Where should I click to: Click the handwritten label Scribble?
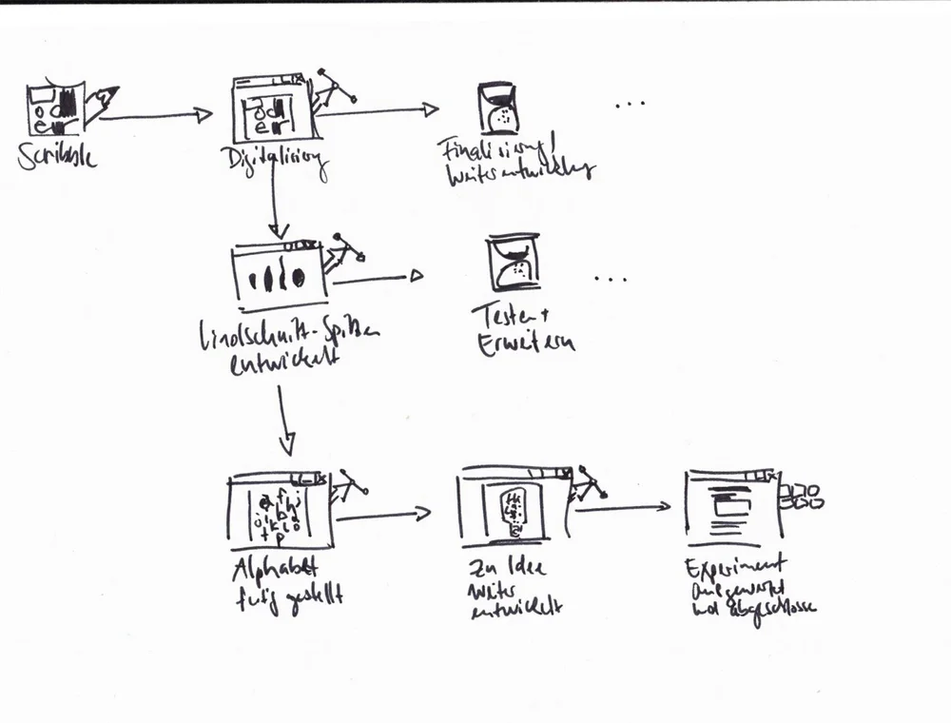[56, 157]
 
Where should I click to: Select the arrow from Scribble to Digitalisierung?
[154, 116]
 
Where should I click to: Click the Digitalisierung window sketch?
[269, 109]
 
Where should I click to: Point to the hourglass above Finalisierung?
[498, 106]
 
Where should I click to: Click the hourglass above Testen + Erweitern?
[513, 262]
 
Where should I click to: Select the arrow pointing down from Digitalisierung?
[274, 205]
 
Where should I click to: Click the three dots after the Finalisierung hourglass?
[630, 105]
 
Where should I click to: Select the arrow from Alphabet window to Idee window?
[382, 516]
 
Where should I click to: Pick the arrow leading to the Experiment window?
[623, 508]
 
